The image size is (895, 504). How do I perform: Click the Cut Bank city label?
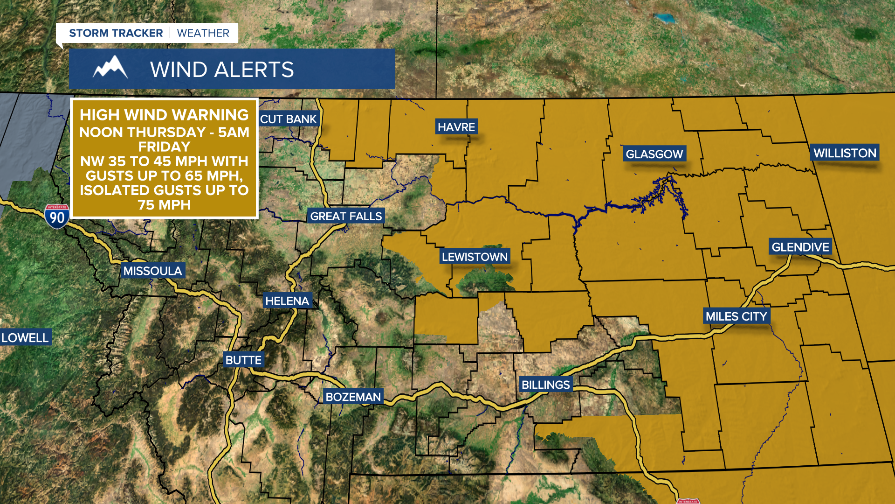coord(288,119)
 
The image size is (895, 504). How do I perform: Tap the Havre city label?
coord(456,127)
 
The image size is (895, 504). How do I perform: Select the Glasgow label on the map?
coord(654,154)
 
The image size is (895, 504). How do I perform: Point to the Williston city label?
coord(845,153)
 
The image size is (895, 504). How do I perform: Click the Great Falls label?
coord(346,217)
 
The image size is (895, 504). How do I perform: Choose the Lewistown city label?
coord(475,257)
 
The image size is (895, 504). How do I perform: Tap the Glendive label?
coord(800,247)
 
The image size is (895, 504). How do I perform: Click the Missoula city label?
coord(152,271)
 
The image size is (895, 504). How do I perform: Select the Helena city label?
coord(287,301)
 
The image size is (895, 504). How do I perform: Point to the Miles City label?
coord(736,316)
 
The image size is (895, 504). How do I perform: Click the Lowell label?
coord(25,338)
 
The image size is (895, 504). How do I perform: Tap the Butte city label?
coord(243,360)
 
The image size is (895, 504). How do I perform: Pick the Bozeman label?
coord(353,397)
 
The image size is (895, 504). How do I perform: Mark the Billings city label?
coord(545,385)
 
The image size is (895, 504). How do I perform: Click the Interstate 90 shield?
coord(57,217)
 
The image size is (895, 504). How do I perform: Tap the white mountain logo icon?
coord(110,68)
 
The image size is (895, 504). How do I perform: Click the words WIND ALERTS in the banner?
coord(222,70)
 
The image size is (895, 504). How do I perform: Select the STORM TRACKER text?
coord(116,33)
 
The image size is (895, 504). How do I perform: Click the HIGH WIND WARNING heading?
coord(164,115)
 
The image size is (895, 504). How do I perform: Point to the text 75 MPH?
coord(164,205)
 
